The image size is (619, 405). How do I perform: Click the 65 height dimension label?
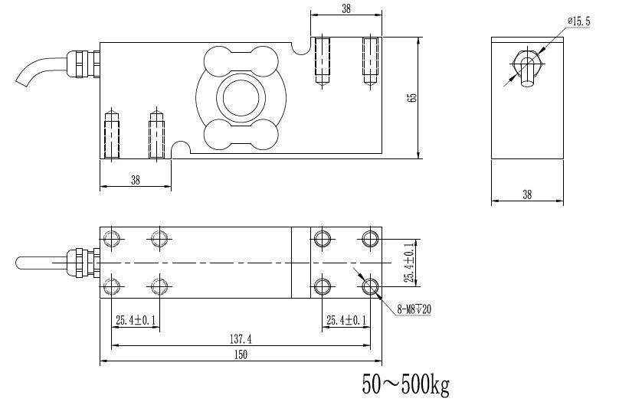click(x=412, y=98)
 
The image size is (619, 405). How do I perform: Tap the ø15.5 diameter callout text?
click(x=578, y=21)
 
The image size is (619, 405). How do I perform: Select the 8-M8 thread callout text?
click(x=414, y=310)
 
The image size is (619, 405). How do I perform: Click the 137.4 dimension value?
click(x=241, y=338)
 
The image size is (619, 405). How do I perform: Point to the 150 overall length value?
click(x=241, y=354)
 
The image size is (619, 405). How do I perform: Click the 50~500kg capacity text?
click(x=406, y=385)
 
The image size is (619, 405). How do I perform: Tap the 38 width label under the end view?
click(x=527, y=194)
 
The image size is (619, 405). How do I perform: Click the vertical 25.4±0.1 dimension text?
click(x=411, y=263)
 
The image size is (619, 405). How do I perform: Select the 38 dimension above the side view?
click(x=346, y=8)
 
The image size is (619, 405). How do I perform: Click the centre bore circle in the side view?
click(x=241, y=97)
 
